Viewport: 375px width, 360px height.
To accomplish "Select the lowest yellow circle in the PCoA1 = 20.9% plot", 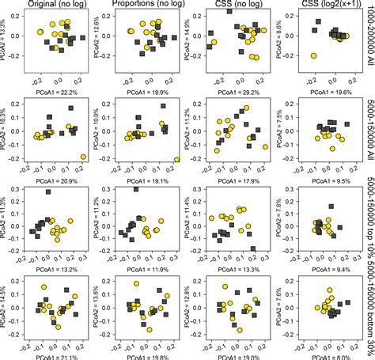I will (83, 157).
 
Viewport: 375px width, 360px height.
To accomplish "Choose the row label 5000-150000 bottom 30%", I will (369, 305).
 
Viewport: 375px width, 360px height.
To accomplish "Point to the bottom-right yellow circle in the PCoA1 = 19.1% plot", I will (176, 159).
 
